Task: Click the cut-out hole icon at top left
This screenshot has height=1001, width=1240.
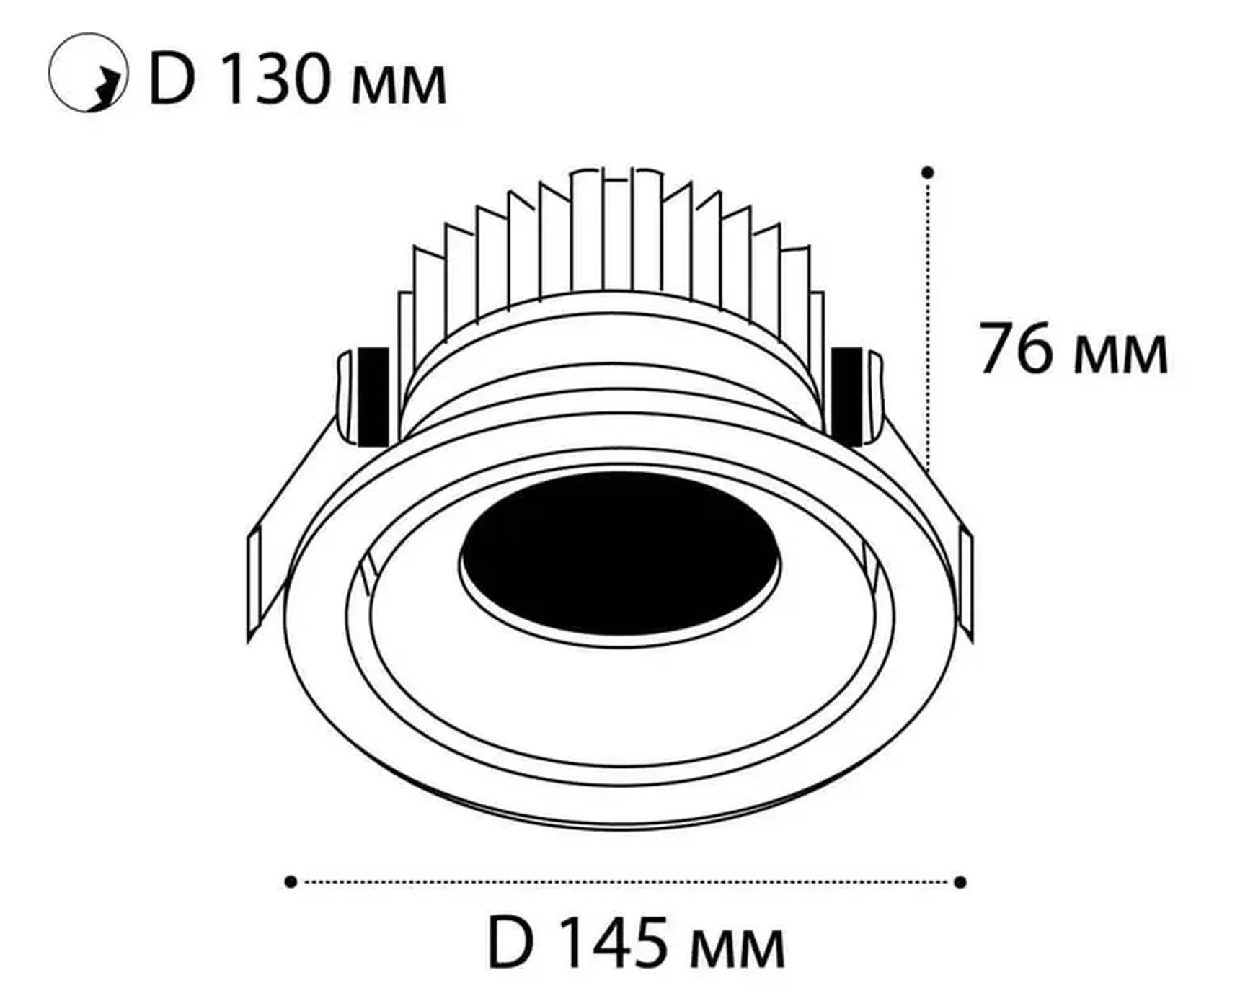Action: point(87,73)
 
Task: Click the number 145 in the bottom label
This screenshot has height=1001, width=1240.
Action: point(612,942)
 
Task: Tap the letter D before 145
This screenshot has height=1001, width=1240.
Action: point(510,942)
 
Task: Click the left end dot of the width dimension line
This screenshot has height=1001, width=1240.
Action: point(291,882)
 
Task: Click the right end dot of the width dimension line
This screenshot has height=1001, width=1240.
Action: point(960,882)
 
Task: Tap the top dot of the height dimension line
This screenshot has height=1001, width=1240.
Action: point(928,172)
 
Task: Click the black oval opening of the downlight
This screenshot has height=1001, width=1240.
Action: point(619,553)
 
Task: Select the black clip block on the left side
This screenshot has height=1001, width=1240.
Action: point(373,395)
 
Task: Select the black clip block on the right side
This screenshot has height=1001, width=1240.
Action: point(846,395)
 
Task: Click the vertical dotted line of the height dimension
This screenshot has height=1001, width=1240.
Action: point(928,324)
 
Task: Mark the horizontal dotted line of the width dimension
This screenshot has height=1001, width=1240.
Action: point(625,882)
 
